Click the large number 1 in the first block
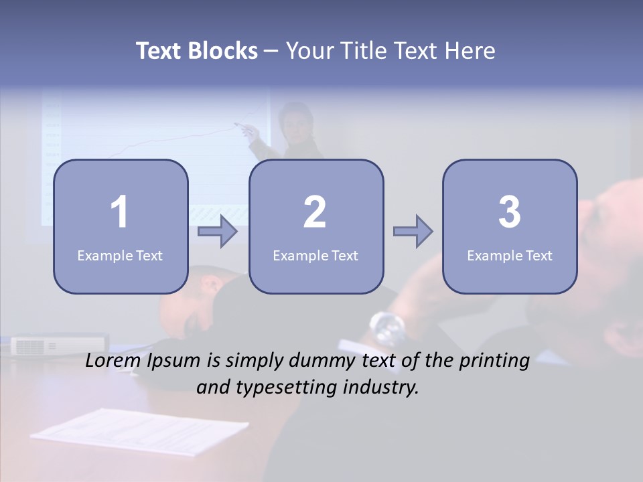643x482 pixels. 119,212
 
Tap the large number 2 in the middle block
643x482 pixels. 315,212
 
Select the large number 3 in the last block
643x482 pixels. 510,212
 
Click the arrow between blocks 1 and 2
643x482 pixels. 218,232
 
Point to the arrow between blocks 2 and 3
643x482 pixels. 413,232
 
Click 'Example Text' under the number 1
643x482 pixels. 120,256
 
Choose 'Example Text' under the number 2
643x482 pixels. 315,256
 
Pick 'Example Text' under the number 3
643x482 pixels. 510,256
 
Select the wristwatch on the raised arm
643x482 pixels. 387,327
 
